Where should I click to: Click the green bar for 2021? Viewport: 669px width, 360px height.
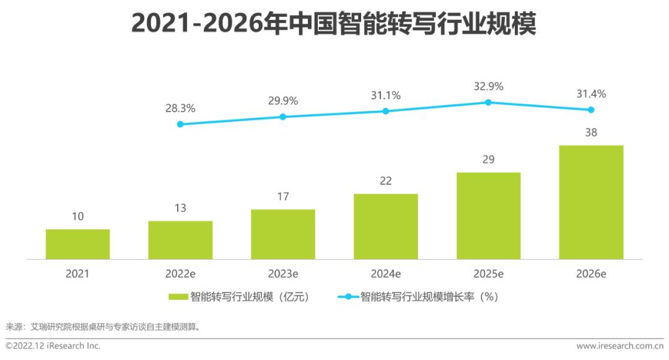(77, 244)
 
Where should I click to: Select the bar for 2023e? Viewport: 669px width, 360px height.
(283, 234)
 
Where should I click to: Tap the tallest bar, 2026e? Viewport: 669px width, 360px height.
(591, 202)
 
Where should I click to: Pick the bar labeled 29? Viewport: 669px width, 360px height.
(488, 216)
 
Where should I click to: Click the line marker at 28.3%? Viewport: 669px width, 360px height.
(180, 124)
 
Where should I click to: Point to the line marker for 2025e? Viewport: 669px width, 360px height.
(488, 102)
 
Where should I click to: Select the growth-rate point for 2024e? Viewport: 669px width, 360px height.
(385, 111)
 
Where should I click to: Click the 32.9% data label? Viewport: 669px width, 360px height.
(488, 86)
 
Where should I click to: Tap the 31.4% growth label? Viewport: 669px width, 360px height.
(591, 94)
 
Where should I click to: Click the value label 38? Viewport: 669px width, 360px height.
(591, 132)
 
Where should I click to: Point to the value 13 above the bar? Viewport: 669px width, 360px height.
(180, 208)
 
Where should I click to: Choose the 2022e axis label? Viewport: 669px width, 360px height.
(180, 273)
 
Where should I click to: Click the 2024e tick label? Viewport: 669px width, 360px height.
(385, 273)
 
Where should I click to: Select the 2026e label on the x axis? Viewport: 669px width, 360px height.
(591, 273)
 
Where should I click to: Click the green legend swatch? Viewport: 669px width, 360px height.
(178, 297)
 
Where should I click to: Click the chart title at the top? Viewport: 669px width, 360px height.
(334, 24)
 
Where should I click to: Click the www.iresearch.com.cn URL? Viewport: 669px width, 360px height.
(619, 346)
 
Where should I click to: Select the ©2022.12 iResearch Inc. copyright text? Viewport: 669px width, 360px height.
(53, 346)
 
